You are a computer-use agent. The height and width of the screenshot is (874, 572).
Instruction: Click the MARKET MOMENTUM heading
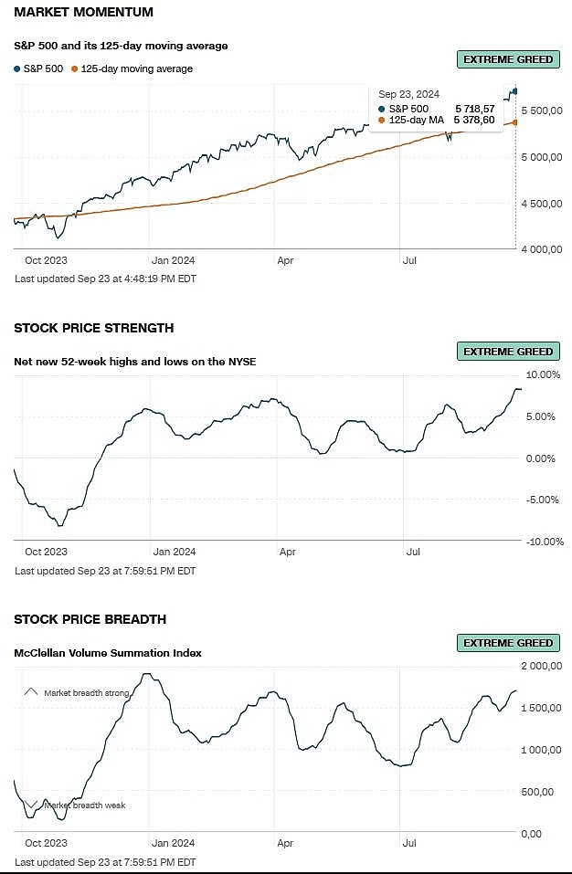tap(84, 13)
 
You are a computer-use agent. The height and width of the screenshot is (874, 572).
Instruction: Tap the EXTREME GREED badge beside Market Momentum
tap(508, 59)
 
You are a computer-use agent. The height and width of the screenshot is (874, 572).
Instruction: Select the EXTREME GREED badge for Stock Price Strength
tap(508, 352)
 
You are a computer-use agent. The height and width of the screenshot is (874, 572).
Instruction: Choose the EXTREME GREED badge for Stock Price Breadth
tap(508, 643)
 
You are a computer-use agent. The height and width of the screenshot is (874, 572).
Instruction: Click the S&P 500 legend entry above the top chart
tap(39, 68)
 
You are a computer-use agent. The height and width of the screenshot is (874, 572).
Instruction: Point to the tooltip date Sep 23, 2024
tap(408, 94)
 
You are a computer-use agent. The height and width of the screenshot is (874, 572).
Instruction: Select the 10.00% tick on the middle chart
tap(544, 374)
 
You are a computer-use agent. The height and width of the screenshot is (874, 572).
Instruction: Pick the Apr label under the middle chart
tap(288, 552)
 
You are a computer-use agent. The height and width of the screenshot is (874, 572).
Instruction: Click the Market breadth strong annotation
tap(86, 693)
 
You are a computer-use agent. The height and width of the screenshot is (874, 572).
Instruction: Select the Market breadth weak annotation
tap(84, 805)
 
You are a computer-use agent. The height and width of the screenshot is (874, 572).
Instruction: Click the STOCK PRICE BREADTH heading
tap(90, 619)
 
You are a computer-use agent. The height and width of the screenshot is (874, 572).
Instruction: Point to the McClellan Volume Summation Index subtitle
tap(108, 653)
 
